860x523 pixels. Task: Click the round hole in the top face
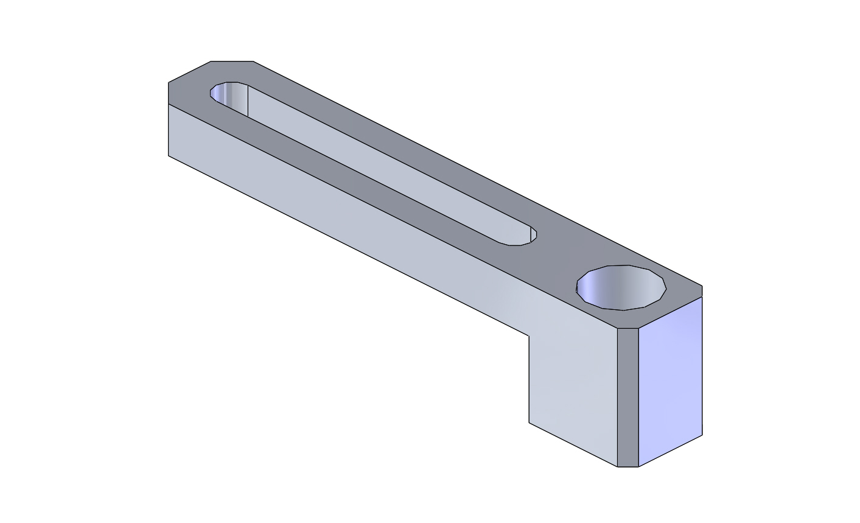(621, 287)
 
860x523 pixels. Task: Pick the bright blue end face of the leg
(670, 381)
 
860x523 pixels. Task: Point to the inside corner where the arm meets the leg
(529, 335)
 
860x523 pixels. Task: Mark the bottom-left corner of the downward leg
(529, 423)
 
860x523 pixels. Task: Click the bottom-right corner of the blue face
(702, 435)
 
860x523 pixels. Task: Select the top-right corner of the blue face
(702, 297)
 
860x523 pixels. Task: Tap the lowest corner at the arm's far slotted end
(169, 156)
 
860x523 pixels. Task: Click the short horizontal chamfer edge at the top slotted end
(232, 61)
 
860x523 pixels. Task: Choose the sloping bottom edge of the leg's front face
(573, 444)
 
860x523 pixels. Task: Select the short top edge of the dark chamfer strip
(628, 329)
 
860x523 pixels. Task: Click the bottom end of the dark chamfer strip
(628, 466)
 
